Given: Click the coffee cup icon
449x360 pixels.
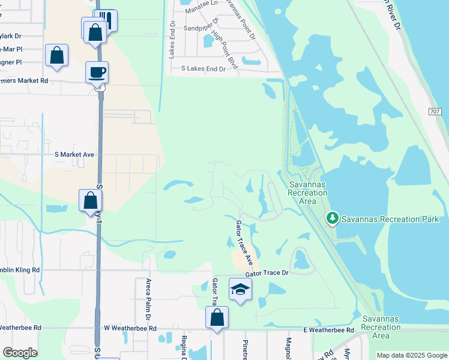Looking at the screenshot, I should (x=97, y=73).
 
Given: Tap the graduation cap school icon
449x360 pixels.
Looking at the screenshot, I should (x=240, y=290).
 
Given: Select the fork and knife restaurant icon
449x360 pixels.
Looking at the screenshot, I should (x=106, y=20).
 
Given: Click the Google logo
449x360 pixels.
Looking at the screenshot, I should (x=19, y=353).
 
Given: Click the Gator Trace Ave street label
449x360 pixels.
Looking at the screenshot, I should (x=244, y=243).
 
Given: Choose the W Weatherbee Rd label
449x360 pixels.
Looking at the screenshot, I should (x=130, y=328).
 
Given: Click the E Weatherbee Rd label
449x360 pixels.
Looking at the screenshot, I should (x=328, y=329).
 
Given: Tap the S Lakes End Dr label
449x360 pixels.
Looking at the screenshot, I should (x=203, y=69).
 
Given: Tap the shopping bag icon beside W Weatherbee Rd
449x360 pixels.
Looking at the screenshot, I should (x=217, y=319).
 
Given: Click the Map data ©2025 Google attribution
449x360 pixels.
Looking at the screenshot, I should (x=412, y=355).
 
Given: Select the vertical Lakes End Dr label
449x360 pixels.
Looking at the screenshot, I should (x=172, y=40).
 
